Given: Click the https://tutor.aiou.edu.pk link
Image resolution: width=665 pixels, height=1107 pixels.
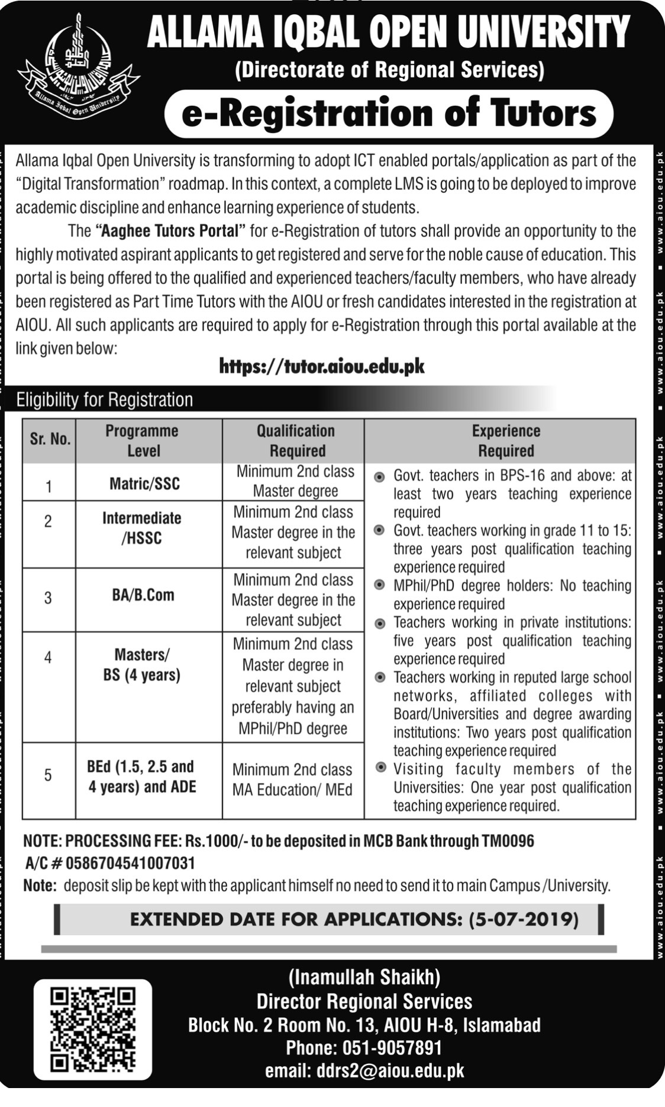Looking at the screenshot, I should [322, 367].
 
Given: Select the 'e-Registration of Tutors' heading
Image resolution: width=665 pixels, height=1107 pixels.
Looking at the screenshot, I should [389, 114].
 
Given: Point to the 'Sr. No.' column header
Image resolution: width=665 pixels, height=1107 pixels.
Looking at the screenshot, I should [50, 440].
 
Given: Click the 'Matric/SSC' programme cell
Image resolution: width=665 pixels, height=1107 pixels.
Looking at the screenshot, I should [144, 484].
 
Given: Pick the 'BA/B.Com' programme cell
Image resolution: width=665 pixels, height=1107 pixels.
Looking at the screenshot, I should [143, 595].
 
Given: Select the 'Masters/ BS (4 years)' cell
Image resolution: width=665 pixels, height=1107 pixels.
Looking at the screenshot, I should [142, 665].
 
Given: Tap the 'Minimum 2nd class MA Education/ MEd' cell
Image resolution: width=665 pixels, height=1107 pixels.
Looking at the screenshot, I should [292, 779].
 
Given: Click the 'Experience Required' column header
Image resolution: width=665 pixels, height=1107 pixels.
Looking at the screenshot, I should [505, 441].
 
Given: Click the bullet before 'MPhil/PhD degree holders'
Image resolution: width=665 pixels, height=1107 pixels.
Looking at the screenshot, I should [380, 585].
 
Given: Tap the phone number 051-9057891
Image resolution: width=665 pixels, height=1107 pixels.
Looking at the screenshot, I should [392, 1047].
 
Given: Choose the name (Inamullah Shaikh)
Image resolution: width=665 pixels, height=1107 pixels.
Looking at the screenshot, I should [364, 977].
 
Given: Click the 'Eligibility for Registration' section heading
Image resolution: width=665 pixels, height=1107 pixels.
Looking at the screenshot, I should [105, 400].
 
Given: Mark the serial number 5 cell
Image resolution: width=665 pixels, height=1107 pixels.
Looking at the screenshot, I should [48, 775].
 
